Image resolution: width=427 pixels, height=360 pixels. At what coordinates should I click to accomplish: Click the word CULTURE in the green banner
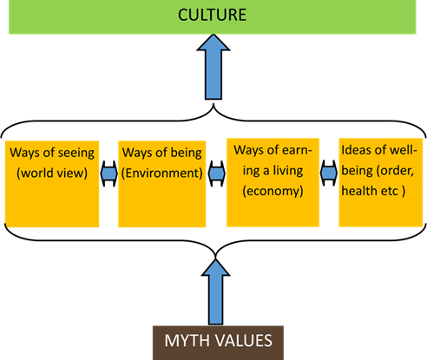212,15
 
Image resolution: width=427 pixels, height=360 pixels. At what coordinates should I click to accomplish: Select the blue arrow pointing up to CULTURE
213,67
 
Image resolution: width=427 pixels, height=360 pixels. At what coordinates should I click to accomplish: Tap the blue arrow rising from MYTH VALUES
215,292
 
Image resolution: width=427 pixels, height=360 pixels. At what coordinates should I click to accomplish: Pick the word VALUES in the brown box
243,341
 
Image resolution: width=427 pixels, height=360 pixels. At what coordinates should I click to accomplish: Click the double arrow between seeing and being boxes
108,173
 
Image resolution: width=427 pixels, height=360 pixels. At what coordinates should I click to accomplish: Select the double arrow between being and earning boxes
217,173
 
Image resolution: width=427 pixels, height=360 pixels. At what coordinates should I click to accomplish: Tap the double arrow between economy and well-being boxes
329,173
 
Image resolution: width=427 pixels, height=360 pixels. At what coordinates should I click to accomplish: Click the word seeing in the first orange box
76,154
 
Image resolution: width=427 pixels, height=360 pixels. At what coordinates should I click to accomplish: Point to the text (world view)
52,173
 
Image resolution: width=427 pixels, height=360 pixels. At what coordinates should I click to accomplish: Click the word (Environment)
162,173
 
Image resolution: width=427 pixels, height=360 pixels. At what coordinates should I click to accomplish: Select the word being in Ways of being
187,154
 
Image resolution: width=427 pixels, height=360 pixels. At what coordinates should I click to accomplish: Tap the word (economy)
273,191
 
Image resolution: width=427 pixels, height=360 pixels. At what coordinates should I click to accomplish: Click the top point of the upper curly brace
213,103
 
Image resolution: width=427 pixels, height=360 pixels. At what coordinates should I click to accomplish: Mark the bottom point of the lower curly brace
215,257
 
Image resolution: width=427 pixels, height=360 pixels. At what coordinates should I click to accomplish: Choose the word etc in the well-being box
390,192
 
